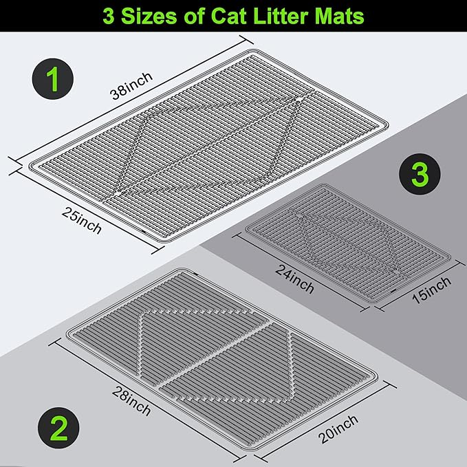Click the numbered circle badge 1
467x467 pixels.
(53, 79)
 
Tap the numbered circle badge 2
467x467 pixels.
(58, 428)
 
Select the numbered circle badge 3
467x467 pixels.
(420, 174)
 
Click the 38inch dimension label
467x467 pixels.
(131, 85)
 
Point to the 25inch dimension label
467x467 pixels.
(82, 220)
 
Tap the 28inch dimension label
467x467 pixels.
(131, 401)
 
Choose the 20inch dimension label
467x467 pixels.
(338, 429)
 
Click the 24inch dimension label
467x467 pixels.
(294, 279)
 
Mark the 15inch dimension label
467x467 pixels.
(431, 290)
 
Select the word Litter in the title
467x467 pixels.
(281, 16)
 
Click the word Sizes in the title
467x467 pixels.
(149, 16)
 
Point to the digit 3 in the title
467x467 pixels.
(109, 16)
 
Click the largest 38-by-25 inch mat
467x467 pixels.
(208, 146)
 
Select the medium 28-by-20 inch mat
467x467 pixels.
(221, 359)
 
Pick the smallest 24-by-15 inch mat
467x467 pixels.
(347, 243)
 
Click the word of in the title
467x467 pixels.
(194, 16)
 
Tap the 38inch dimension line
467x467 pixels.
(131, 99)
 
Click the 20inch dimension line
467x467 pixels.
(326, 422)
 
